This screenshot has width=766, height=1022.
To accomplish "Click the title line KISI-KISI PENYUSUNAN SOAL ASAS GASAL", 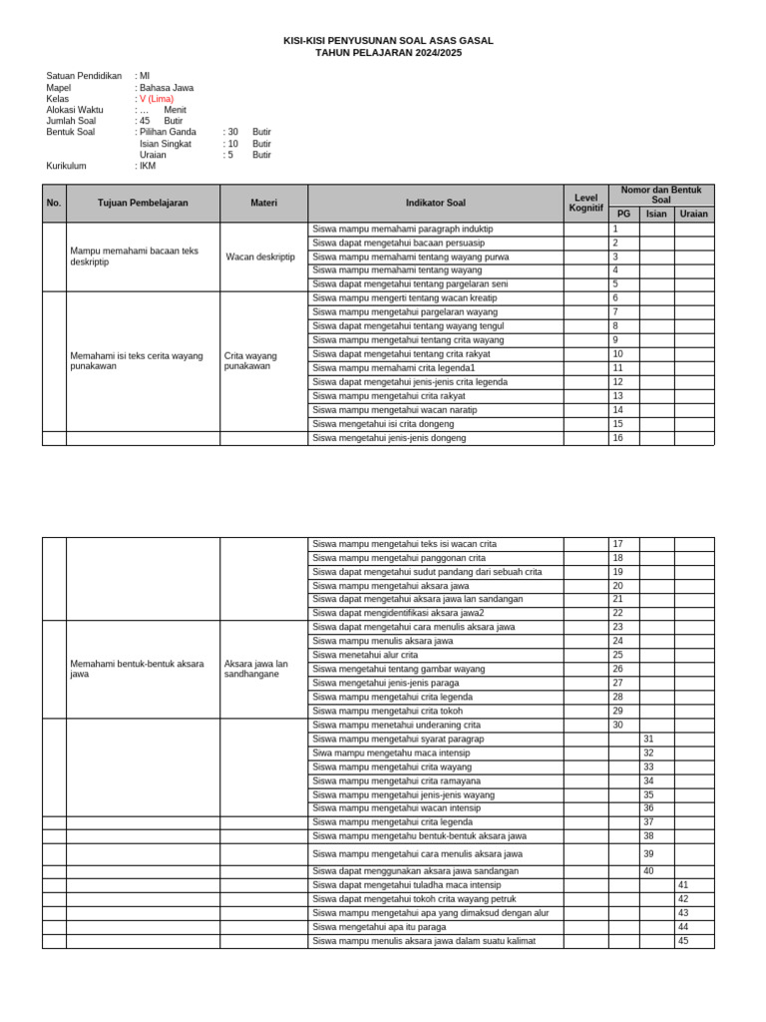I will tap(388, 41).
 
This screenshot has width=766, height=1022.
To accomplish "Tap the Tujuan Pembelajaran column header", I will tap(143, 203).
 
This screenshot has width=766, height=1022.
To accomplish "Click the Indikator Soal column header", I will tap(435, 203).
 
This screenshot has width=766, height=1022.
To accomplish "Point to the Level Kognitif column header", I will tap(585, 203).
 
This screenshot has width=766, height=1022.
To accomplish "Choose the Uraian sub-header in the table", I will tap(694, 214).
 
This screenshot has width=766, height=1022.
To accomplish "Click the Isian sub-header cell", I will tap(656, 214).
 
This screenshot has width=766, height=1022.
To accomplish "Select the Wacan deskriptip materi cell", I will tap(260, 256).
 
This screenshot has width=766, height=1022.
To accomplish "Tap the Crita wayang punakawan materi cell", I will tap(250, 360).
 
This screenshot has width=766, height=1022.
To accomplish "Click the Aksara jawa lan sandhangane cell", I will tap(255, 669).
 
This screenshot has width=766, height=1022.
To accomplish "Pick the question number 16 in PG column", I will tap(617, 438).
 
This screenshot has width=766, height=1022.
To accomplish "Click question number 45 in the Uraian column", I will tap(683, 941).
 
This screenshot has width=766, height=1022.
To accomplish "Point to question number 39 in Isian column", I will tap(648, 854).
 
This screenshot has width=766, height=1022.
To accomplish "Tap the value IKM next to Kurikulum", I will tap(148, 167).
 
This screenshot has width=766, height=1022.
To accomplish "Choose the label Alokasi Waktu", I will tap(75, 110).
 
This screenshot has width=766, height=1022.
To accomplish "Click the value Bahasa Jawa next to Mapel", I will tap(166, 88).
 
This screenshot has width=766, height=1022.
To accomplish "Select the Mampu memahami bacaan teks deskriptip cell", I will tap(134, 256).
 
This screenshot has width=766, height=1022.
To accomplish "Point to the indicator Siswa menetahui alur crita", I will tap(365, 655).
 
